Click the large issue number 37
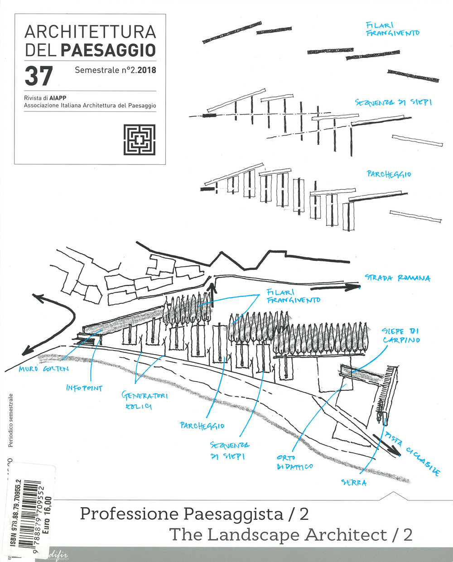pyautogui.click(x=39, y=77)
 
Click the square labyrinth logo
pyautogui.click(x=139, y=139)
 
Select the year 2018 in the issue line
pyautogui.click(x=146, y=71)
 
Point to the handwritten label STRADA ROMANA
pyautogui.click(x=397, y=278)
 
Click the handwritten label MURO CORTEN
pyautogui.click(x=43, y=369)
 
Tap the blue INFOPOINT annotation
pyautogui.click(x=84, y=388)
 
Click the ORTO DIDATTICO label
pyautogui.click(x=294, y=462)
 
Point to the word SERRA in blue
pyautogui.click(x=354, y=483)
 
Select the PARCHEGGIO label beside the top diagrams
pyautogui.click(x=389, y=174)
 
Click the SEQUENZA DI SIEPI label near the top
pyautogui.click(x=393, y=103)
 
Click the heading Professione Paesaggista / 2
pyautogui.click(x=194, y=514)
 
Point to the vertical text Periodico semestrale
pyautogui.click(x=11, y=420)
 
